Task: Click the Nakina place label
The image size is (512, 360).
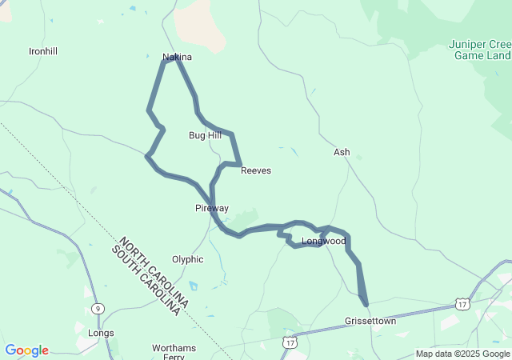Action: point(177,58)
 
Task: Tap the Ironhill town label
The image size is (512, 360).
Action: point(43,51)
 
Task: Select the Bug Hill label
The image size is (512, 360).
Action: point(205,135)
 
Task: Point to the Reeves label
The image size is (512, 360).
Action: point(256,170)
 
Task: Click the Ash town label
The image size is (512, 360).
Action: point(342,152)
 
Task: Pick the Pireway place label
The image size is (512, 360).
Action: point(212,208)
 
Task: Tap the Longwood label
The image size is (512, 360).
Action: point(323,241)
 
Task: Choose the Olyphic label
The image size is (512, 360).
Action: point(187,259)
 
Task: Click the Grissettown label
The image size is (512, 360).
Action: point(370,321)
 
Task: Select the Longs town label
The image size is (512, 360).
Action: point(101,333)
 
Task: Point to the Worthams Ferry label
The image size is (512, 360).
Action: point(174,352)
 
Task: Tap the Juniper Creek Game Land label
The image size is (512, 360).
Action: point(479,50)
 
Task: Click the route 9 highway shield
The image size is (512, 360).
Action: point(98,308)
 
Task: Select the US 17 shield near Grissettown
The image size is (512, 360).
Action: point(462,304)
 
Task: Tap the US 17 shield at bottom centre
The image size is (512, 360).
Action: point(289,342)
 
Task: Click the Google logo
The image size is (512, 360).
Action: point(26,350)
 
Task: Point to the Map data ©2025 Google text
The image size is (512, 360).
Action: point(462,354)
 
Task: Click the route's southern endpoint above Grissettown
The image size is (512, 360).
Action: point(366,304)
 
